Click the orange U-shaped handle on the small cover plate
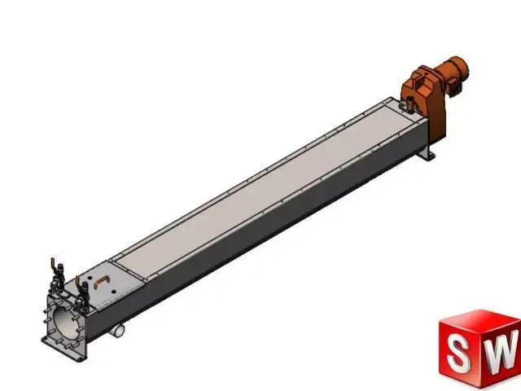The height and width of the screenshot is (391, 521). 101,282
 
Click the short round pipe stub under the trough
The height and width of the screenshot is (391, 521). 120,330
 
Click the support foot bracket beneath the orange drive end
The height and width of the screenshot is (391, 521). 425,155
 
